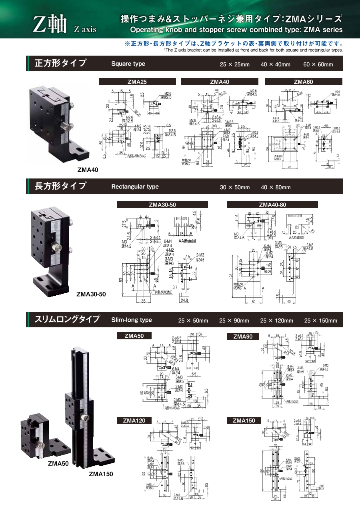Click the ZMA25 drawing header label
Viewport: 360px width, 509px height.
coord(137,82)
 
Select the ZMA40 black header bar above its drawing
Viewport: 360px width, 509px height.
coord(220,82)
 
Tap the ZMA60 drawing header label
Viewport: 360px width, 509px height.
coord(303,82)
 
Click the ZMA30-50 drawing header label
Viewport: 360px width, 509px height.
coord(162,204)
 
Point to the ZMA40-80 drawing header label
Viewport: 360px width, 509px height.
coord(272,204)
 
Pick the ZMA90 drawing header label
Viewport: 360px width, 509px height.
coord(243,337)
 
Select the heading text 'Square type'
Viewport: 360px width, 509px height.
coord(128,64)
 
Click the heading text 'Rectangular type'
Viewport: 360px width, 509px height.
coord(135,186)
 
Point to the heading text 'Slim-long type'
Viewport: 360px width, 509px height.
coord(132,320)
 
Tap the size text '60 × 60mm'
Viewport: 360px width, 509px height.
coord(318,64)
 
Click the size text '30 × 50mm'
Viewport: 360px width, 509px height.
coord(235,187)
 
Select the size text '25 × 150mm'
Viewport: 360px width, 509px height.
coord(320,321)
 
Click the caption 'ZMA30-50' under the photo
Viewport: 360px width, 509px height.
coord(91,294)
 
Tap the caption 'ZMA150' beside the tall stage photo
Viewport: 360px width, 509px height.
coord(101,474)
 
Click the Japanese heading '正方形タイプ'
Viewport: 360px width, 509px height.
coord(61,63)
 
